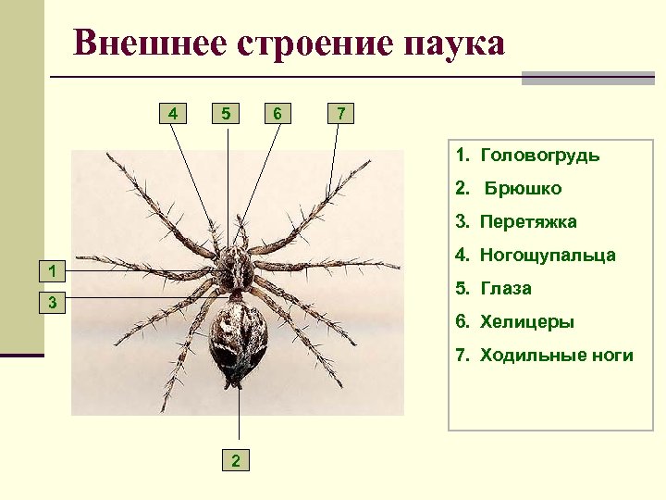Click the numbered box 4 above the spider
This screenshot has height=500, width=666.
(172, 114)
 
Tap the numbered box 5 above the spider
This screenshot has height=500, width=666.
(225, 114)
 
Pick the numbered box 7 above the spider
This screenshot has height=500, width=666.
(340, 114)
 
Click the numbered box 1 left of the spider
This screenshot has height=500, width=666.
(55, 270)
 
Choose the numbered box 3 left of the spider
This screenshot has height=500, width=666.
(55, 303)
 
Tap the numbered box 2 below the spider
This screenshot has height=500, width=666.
(238, 459)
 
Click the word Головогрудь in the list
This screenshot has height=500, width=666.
(540, 155)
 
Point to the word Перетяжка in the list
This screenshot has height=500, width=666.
(528, 221)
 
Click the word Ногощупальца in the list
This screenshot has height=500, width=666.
(548, 255)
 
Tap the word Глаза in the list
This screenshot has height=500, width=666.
(506, 288)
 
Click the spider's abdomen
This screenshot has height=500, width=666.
(239, 339)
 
